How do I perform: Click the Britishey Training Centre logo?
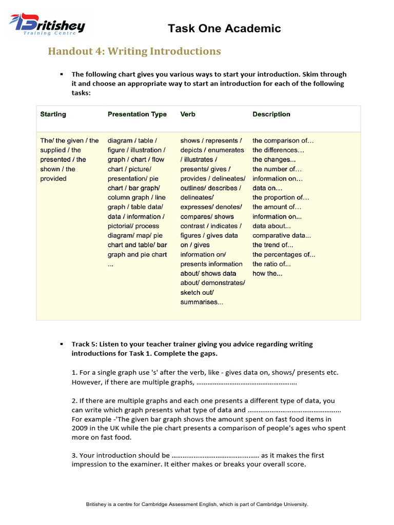[x=47, y=24]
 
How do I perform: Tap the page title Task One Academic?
[x=224, y=29]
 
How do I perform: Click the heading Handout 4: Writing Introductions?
[x=134, y=51]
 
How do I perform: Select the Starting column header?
[x=53, y=114]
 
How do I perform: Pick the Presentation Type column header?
[x=137, y=114]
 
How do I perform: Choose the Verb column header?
[x=188, y=114]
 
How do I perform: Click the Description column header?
[x=271, y=114]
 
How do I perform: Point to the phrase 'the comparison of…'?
[x=283, y=140]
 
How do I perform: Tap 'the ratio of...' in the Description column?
[x=271, y=264]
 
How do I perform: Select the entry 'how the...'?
[x=267, y=274]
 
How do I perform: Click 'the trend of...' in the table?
[x=272, y=245]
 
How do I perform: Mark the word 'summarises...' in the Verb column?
[x=202, y=302]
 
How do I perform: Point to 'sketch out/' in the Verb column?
[x=197, y=293]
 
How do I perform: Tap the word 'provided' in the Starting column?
[x=53, y=178]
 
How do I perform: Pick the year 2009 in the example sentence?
[x=80, y=428]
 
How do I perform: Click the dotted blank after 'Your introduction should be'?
[x=215, y=455]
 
